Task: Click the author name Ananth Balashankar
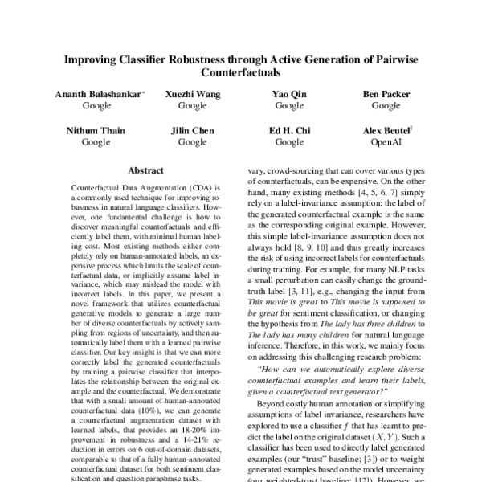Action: tap(96, 95)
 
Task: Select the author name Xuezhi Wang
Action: tap(192, 95)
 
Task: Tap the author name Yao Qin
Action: tap(289, 95)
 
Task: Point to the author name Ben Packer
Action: tap(386, 95)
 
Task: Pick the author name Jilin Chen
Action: tap(192, 131)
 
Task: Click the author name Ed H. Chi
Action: tap(289, 131)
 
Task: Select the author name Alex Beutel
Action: tap(386, 131)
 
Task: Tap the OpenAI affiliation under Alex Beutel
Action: tap(386, 142)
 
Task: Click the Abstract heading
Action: tap(145, 171)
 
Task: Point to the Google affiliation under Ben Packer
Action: tap(386, 106)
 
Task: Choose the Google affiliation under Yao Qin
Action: tap(289, 106)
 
